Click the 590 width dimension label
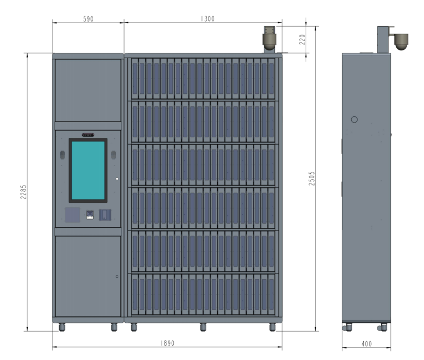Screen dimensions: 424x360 tap(88, 19)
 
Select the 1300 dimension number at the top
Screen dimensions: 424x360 tap(207, 19)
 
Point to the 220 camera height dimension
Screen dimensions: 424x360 tap(303, 39)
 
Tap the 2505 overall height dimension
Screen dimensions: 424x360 tap(312, 178)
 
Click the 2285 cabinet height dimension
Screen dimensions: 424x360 tap(24, 192)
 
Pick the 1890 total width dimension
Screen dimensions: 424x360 tap(168, 343)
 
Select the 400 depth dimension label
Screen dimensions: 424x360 tap(366, 344)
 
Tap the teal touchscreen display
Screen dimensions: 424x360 tap(88, 170)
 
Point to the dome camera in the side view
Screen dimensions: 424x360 tap(401, 42)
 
